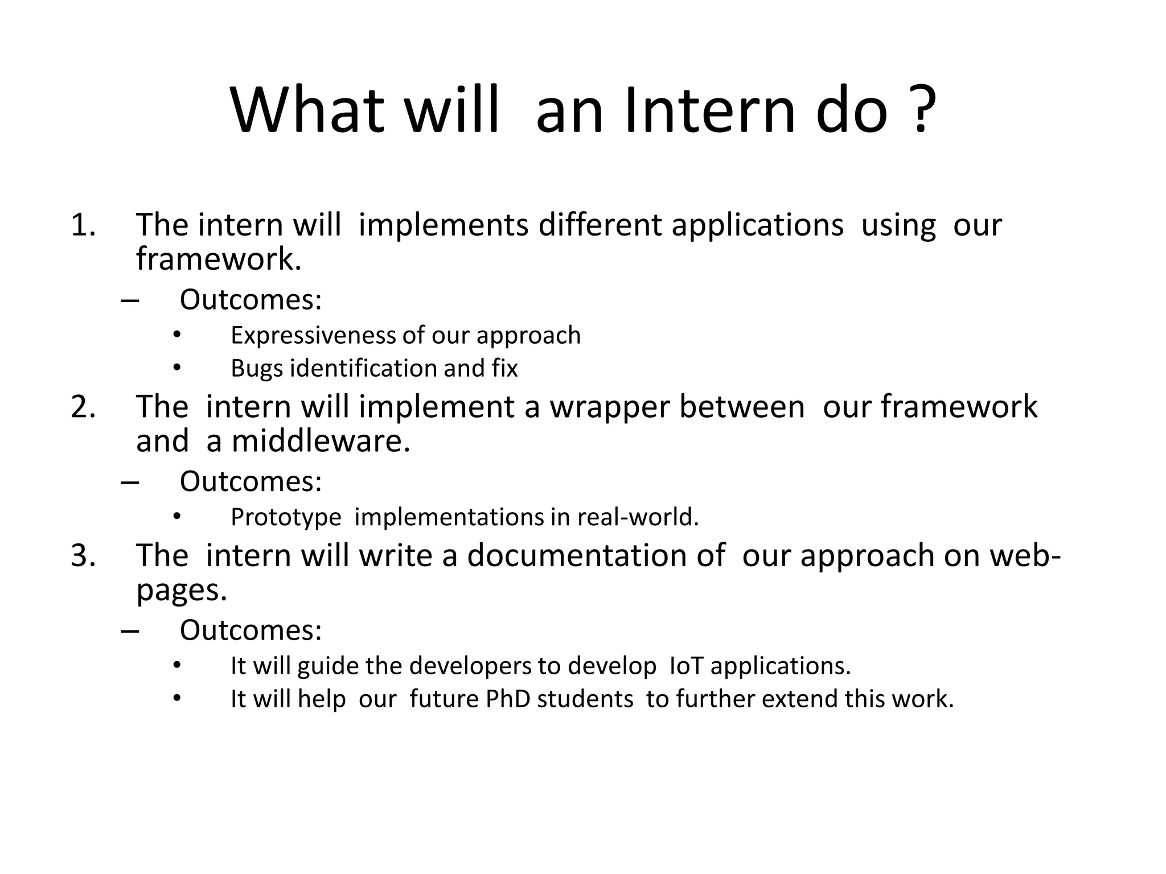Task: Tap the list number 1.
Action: (x=83, y=225)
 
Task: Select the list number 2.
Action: (x=83, y=407)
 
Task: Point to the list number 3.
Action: (x=83, y=556)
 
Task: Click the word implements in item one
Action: (x=444, y=225)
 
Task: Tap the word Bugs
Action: (x=256, y=369)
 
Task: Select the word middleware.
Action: (x=321, y=442)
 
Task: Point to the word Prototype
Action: (x=286, y=517)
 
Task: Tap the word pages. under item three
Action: (x=182, y=591)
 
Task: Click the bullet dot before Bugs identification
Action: (x=177, y=368)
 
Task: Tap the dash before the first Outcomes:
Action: (x=130, y=300)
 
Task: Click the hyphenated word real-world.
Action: (x=638, y=517)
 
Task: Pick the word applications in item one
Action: (x=757, y=225)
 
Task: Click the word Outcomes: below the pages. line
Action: (x=251, y=630)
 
